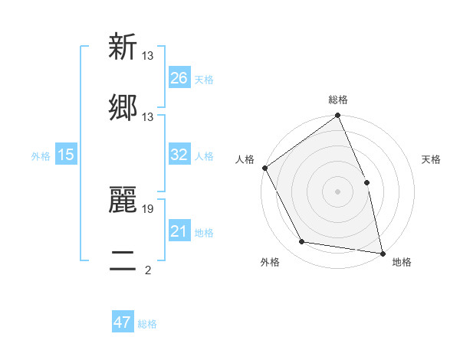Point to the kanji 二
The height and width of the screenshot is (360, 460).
pyautogui.click(x=123, y=260)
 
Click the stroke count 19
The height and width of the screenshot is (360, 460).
pyautogui.click(x=149, y=208)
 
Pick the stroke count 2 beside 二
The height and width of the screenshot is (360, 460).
pyautogui.click(x=147, y=270)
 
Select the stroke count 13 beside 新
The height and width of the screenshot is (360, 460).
pyautogui.click(x=148, y=56)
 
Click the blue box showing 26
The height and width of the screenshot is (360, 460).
pyautogui.click(x=179, y=78)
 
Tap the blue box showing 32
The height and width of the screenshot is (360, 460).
pyautogui.click(x=179, y=155)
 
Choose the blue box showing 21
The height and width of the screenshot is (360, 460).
pyautogui.click(x=179, y=231)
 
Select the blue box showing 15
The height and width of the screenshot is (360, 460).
pyautogui.click(x=66, y=155)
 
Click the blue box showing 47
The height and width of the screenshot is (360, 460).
pyautogui.click(x=123, y=322)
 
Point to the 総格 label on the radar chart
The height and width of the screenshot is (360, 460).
pyautogui.click(x=338, y=100)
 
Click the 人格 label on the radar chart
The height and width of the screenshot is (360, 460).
pyautogui.click(x=245, y=159)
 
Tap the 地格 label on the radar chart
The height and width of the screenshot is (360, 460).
pyautogui.click(x=402, y=262)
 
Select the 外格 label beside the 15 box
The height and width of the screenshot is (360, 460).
pyautogui.click(x=41, y=155)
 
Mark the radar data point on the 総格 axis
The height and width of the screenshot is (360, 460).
pyautogui.click(x=337, y=116)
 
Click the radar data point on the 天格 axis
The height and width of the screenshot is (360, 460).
pyautogui.click(x=366, y=182)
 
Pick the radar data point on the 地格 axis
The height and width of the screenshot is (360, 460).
pyautogui.click(x=382, y=253)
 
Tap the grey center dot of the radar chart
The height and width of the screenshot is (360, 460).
pyautogui.click(x=337, y=191)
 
